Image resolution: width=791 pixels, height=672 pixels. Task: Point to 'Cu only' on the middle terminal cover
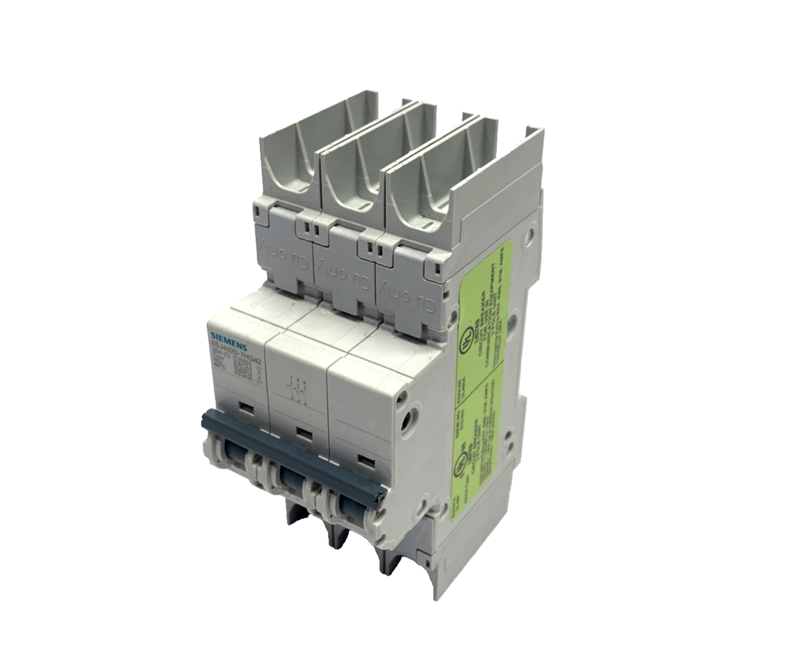pyautogui.click(x=340, y=272)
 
